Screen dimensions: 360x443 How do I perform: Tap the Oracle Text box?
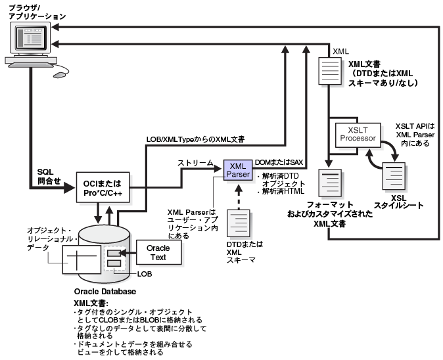(x=157, y=252)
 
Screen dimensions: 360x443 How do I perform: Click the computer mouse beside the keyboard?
(x=60, y=74)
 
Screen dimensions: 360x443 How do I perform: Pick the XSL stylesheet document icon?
(x=394, y=177)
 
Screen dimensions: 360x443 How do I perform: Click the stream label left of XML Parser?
(x=197, y=162)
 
